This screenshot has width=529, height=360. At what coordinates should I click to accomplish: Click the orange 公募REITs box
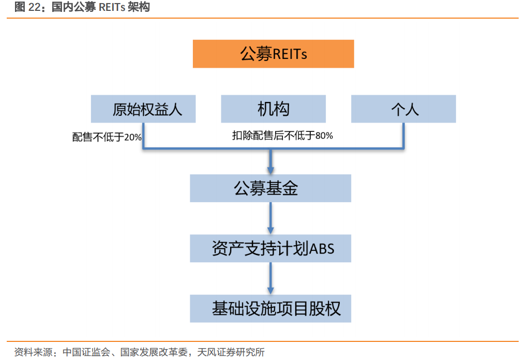273,54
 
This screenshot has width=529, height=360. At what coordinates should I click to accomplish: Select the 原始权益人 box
143,109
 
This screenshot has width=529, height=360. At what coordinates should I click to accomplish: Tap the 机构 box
273,109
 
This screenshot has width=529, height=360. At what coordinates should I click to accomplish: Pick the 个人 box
403,109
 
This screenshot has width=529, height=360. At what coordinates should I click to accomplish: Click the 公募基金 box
270,188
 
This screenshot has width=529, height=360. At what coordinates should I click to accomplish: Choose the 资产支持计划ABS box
270,249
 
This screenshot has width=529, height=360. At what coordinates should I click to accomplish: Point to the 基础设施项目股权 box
270,309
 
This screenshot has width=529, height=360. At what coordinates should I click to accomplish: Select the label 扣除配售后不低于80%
282,136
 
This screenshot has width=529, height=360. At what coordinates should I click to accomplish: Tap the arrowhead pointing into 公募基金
270,169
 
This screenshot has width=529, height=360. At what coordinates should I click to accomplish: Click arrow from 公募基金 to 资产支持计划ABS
270,217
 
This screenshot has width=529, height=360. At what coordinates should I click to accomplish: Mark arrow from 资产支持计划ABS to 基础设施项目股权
270,278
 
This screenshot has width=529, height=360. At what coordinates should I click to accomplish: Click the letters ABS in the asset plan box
322,249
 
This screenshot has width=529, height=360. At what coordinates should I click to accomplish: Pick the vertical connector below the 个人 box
403,136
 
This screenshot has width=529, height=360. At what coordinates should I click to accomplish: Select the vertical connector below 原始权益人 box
143,136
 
